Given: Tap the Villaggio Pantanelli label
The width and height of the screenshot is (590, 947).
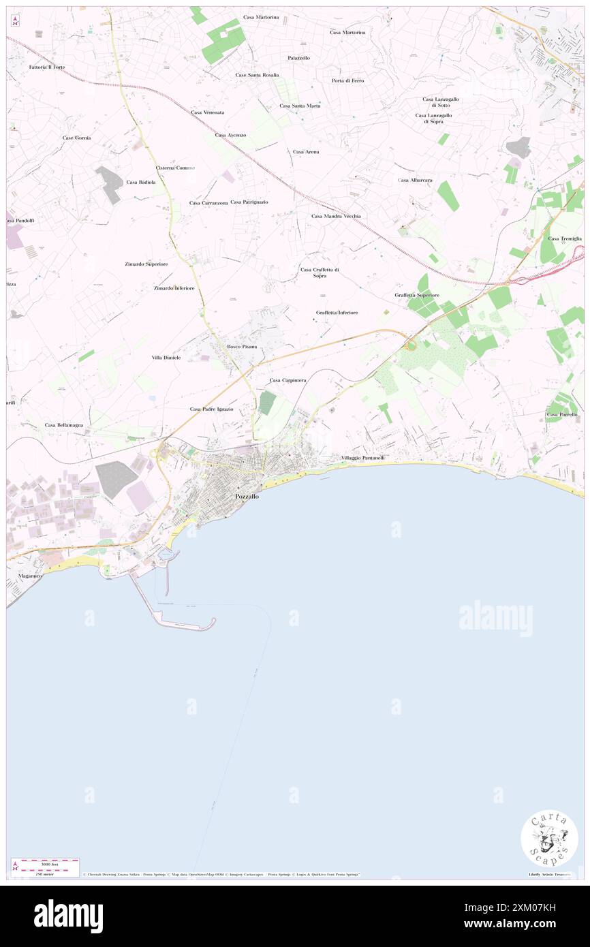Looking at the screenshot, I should (x=362, y=458).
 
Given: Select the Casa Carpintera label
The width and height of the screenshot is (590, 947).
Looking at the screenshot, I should (x=288, y=380).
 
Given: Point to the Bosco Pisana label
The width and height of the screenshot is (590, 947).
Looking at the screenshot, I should (x=242, y=347).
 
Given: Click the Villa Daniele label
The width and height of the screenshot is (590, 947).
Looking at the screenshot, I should (x=166, y=357).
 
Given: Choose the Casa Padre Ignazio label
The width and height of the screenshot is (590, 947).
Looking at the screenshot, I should (x=211, y=409).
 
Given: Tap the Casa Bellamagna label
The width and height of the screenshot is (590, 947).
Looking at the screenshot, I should (x=64, y=424).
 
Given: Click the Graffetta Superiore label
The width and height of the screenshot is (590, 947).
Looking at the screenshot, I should (x=416, y=295).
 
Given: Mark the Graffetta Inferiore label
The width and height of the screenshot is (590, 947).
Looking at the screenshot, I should (x=337, y=313).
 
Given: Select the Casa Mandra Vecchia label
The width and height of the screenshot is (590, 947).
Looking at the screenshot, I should (x=336, y=216).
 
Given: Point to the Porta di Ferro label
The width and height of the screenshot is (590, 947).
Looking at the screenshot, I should (x=347, y=80).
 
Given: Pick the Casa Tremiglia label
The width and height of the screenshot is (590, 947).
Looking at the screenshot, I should (x=564, y=238).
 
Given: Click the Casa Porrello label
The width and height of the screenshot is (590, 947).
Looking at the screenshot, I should (x=561, y=414).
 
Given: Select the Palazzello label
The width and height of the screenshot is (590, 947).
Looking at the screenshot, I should (x=298, y=58).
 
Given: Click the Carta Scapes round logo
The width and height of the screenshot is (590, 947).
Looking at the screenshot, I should (x=548, y=838).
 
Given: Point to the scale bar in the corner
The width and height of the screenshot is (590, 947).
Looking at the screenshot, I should (x=46, y=864).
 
